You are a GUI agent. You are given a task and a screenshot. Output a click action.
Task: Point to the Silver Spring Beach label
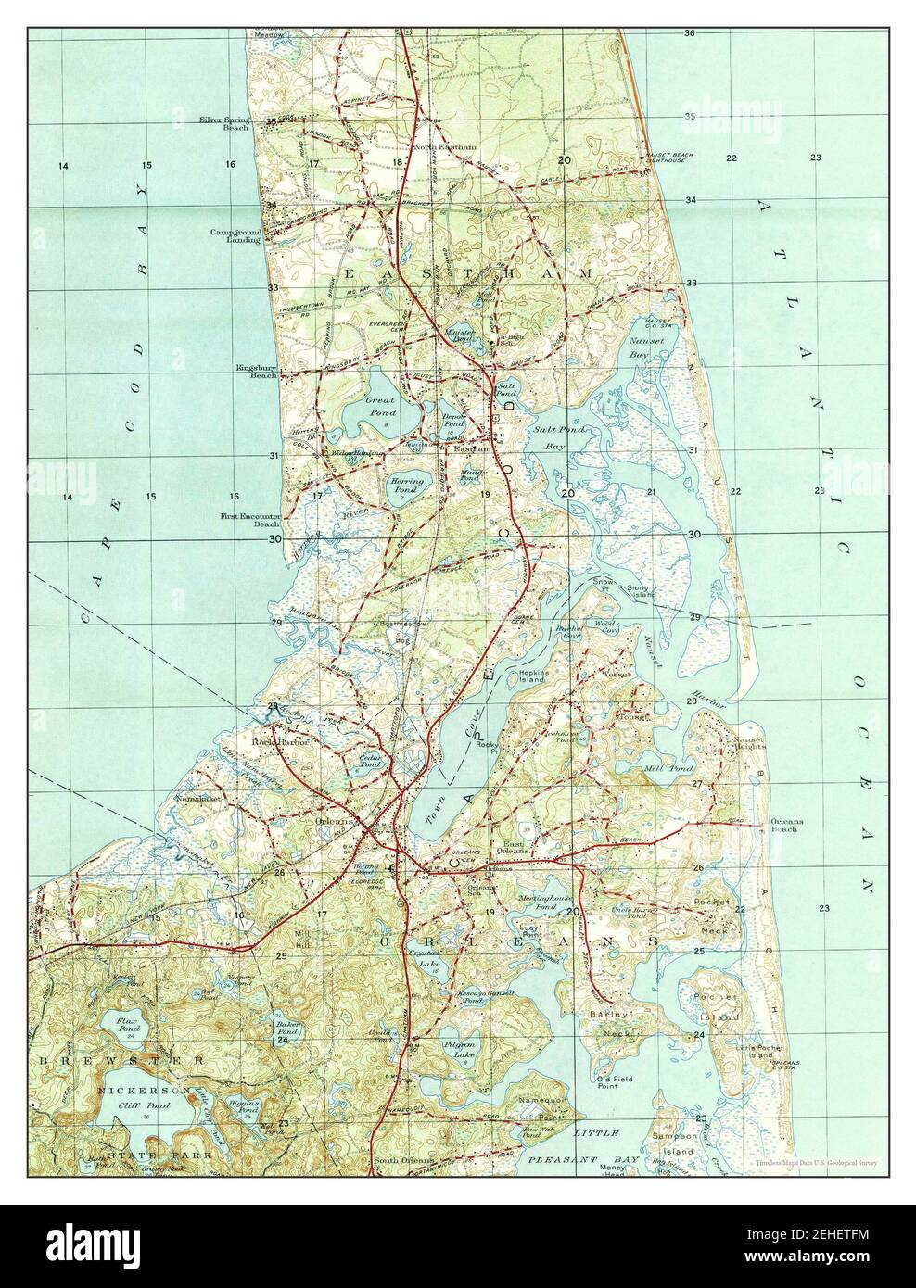(x=223, y=123)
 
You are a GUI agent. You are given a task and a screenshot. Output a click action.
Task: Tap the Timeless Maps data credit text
(x=816, y=1160)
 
